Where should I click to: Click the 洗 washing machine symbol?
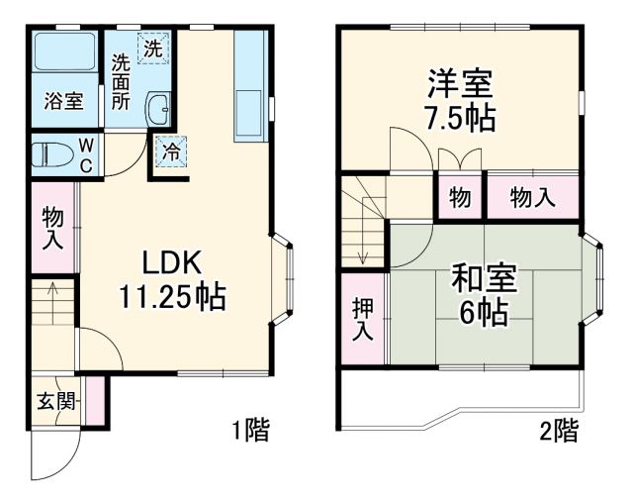tap(153, 47)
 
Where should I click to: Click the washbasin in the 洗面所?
tap(159, 109)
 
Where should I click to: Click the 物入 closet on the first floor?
tap(53, 228)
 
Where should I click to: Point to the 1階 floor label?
tap(249, 431)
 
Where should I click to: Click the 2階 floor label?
tap(559, 431)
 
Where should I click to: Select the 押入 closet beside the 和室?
tap(364, 318)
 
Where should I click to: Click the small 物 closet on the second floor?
tap(461, 197)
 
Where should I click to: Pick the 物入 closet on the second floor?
tap(532, 197)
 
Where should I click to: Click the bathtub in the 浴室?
tap(62, 54)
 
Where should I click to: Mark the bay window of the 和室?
tap(592, 279)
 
